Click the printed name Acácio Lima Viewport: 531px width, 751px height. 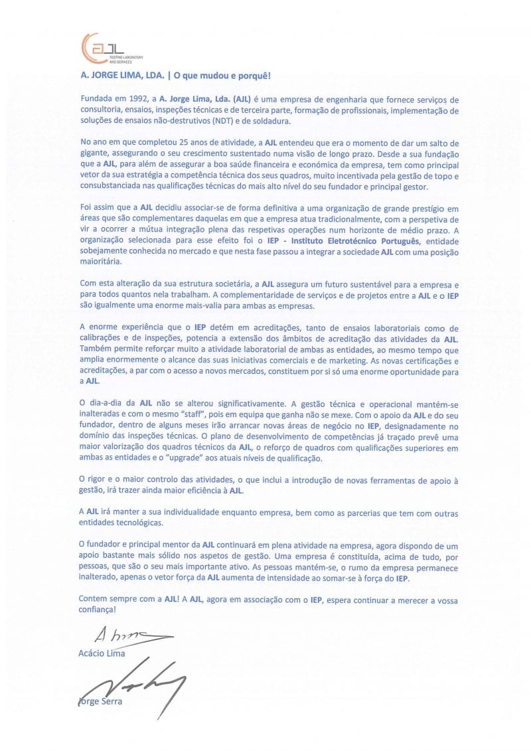[x=102, y=653]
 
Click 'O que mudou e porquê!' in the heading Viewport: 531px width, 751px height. [x=214, y=76]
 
